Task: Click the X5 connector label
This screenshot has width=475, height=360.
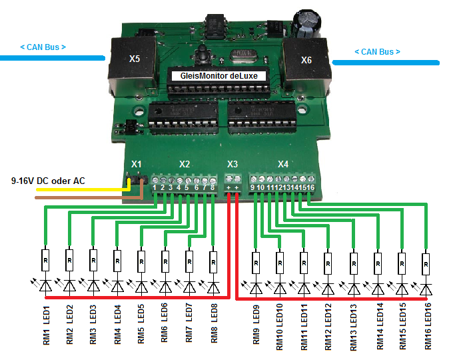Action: (135, 59)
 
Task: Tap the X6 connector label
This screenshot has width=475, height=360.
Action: (306, 60)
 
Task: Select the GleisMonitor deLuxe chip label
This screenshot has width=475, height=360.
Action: (219, 76)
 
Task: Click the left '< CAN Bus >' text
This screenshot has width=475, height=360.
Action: (43, 47)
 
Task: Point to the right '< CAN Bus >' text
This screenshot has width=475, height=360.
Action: (377, 52)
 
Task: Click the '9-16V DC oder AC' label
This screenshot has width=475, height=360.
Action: (48, 181)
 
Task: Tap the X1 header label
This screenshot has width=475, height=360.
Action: (137, 164)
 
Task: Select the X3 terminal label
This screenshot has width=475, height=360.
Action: (233, 164)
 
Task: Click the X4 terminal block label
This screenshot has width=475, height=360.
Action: (283, 164)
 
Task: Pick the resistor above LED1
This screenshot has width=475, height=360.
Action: (45, 260)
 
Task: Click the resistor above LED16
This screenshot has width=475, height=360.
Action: (426, 264)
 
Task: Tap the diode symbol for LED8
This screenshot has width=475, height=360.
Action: (214, 287)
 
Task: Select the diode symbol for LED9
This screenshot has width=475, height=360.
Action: (256, 289)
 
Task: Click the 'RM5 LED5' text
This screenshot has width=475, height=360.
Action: (141, 324)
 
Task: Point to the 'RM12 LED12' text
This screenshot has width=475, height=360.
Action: (328, 327)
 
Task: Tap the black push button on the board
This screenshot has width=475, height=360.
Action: (202, 55)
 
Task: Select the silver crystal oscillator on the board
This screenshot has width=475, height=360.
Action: (243, 56)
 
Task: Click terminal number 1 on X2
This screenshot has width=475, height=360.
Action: (155, 187)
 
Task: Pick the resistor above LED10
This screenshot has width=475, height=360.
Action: (280, 263)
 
